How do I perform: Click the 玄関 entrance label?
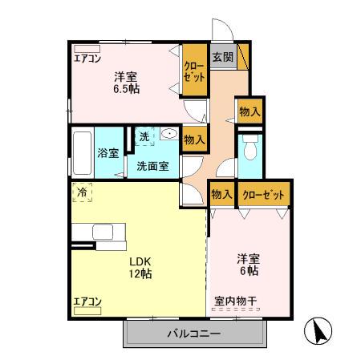[x=222, y=57]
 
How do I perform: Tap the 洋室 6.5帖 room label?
[x=125, y=83]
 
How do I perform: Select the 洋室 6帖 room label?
[x=247, y=265]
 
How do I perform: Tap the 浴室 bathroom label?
[x=108, y=153]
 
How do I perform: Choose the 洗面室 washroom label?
[x=151, y=167]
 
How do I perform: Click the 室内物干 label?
[x=235, y=301]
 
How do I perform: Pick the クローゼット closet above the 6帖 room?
[x=262, y=194]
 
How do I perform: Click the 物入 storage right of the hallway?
[x=248, y=111]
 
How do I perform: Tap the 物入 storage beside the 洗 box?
[x=194, y=139]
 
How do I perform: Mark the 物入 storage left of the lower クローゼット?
[x=221, y=194]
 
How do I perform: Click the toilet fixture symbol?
[x=249, y=150]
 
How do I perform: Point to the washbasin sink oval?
[x=168, y=134]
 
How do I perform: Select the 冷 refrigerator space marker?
[x=81, y=192]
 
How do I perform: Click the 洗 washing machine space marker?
[x=144, y=137]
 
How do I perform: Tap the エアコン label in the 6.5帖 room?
[x=87, y=58]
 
